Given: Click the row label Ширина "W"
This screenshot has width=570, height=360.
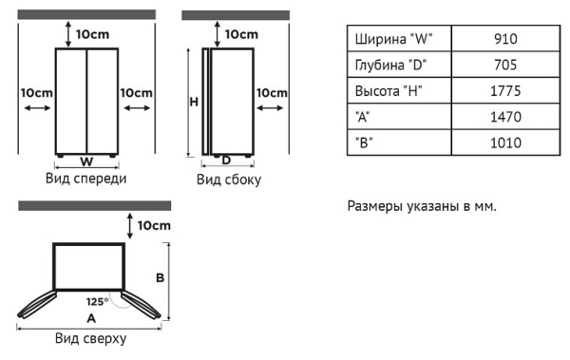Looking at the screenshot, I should pos(393,40).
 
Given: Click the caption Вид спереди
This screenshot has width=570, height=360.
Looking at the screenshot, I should pos(85,178).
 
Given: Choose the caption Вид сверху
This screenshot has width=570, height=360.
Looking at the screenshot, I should pos(90,338).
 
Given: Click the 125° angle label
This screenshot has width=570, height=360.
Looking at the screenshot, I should pos(97,302).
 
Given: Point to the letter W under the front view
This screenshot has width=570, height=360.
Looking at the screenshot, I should pos(86,161).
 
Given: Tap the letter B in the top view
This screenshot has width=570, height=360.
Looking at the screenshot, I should pos(161,278).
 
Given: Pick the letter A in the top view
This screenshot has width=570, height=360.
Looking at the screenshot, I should pos(91,319).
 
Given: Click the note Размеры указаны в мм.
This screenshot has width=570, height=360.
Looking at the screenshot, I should pos(422,206).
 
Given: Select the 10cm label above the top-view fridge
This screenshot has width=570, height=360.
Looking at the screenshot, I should pos(154,226).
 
